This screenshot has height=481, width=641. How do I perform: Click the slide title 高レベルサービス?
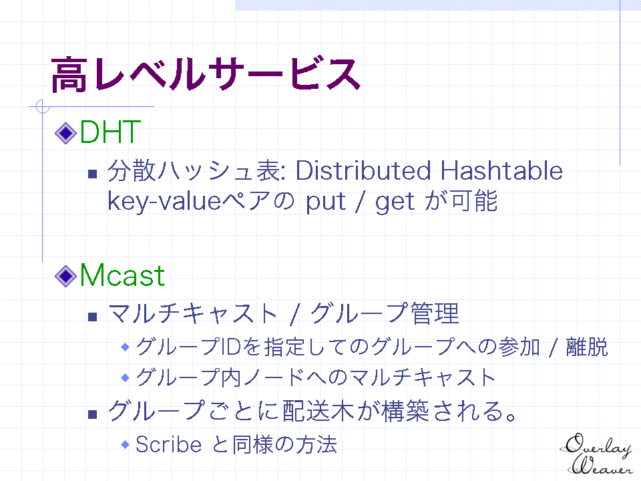tap(206, 74)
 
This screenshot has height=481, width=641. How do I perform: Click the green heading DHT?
tap(110, 132)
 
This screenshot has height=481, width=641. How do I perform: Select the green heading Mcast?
tap(122, 275)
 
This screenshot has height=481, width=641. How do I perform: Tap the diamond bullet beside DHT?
tap(66, 133)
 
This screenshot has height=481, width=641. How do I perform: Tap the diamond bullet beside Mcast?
tap(66, 276)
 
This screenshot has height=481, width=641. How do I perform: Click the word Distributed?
tap(363, 170)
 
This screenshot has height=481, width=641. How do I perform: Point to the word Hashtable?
tap(501, 170)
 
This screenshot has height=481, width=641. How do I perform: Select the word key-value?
tap(164, 201)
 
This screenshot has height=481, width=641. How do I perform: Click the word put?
tap(326, 202)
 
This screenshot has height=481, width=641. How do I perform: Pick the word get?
tap(395, 202)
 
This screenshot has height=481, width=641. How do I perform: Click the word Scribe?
tap(168, 444)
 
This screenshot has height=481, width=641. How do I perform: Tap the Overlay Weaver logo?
tap(597, 454)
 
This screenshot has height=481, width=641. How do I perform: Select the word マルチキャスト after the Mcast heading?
tap(193, 314)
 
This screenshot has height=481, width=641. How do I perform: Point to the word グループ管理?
tap(385, 314)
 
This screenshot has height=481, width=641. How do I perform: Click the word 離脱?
tap(587, 347)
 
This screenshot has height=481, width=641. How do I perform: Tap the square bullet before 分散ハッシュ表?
tap(93, 174)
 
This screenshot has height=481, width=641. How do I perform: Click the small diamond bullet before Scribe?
tap(126, 444)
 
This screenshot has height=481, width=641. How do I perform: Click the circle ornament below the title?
tap(43, 106)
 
